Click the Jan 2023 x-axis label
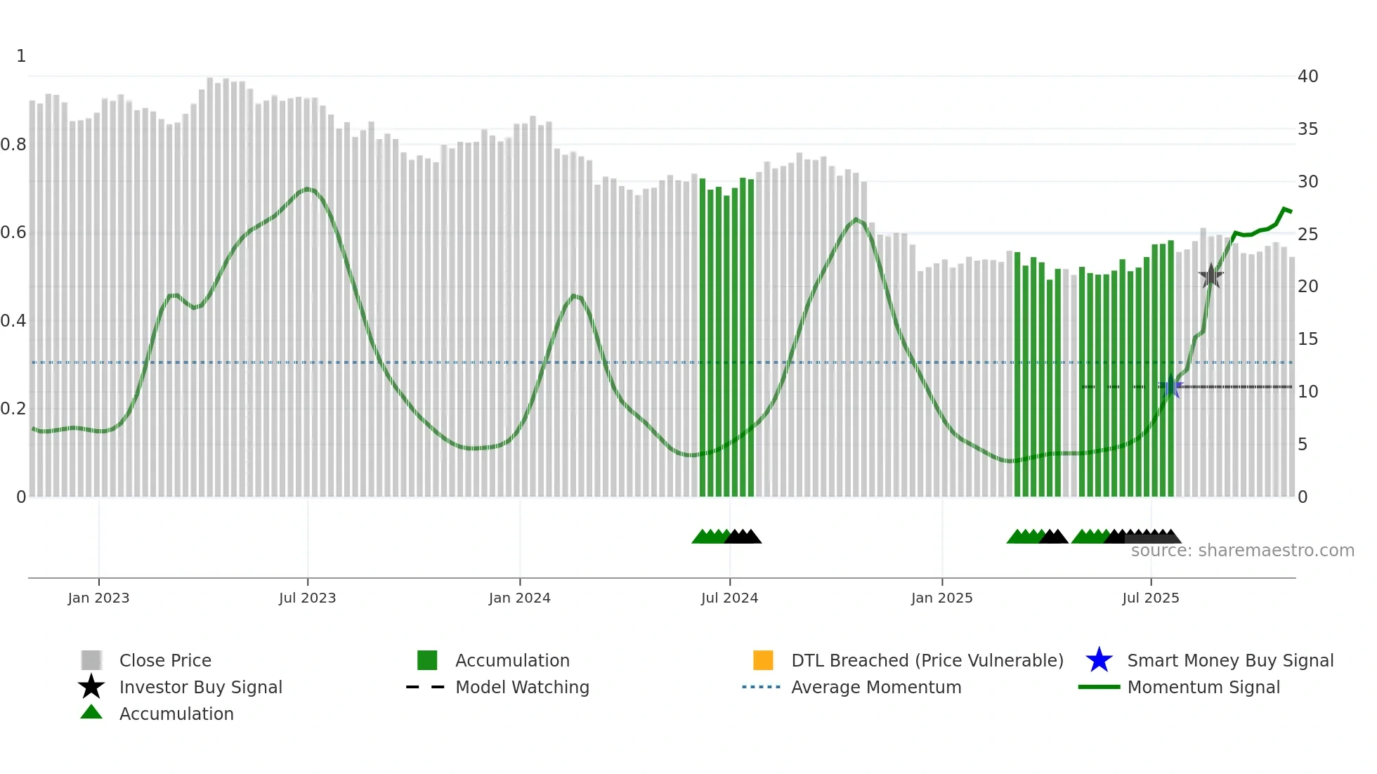[x=98, y=598]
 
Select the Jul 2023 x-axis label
[x=307, y=598]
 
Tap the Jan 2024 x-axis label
[x=519, y=598]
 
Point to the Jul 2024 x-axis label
[x=729, y=598]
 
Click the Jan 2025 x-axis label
[x=941, y=598]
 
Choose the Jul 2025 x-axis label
[x=1150, y=598]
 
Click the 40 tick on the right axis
[x=1307, y=77]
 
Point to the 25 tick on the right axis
[x=1307, y=234]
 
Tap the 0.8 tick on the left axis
[x=13, y=145]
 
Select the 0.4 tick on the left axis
[x=13, y=321]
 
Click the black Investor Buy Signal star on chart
[x=1210, y=276]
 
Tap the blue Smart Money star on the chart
[x=1170, y=387]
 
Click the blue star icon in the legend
[x=1099, y=660]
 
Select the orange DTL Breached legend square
[x=763, y=660]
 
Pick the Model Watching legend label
[x=522, y=687]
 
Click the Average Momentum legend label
[x=876, y=687]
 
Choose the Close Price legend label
[x=165, y=660]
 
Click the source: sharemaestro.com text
[x=1242, y=551]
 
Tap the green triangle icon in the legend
[x=91, y=713]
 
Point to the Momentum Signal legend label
[x=1203, y=687]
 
